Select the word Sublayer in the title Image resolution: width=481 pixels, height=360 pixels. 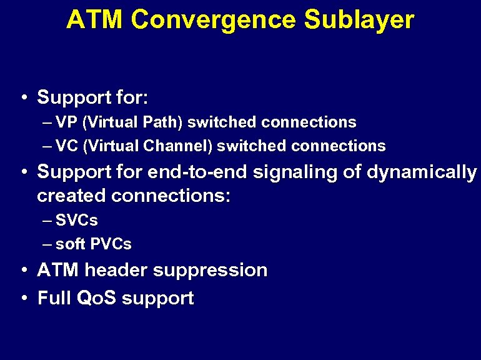coord(359,20)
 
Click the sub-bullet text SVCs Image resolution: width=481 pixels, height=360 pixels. coord(77,220)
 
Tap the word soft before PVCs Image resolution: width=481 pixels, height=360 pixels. coord(70,244)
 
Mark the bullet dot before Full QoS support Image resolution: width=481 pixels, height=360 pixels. coord(23,298)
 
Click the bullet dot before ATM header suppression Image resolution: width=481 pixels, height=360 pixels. coord(23,271)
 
